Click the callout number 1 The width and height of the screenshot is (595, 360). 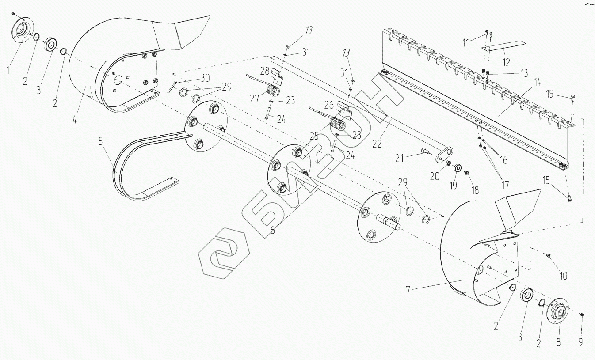click(7, 70)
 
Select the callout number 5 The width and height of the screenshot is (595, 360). click(101, 142)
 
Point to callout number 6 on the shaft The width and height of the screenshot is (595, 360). click(273, 230)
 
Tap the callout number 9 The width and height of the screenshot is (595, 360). click(581, 341)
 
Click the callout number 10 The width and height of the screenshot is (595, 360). click(564, 276)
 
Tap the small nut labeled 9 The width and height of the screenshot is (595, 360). click(582, 314)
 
